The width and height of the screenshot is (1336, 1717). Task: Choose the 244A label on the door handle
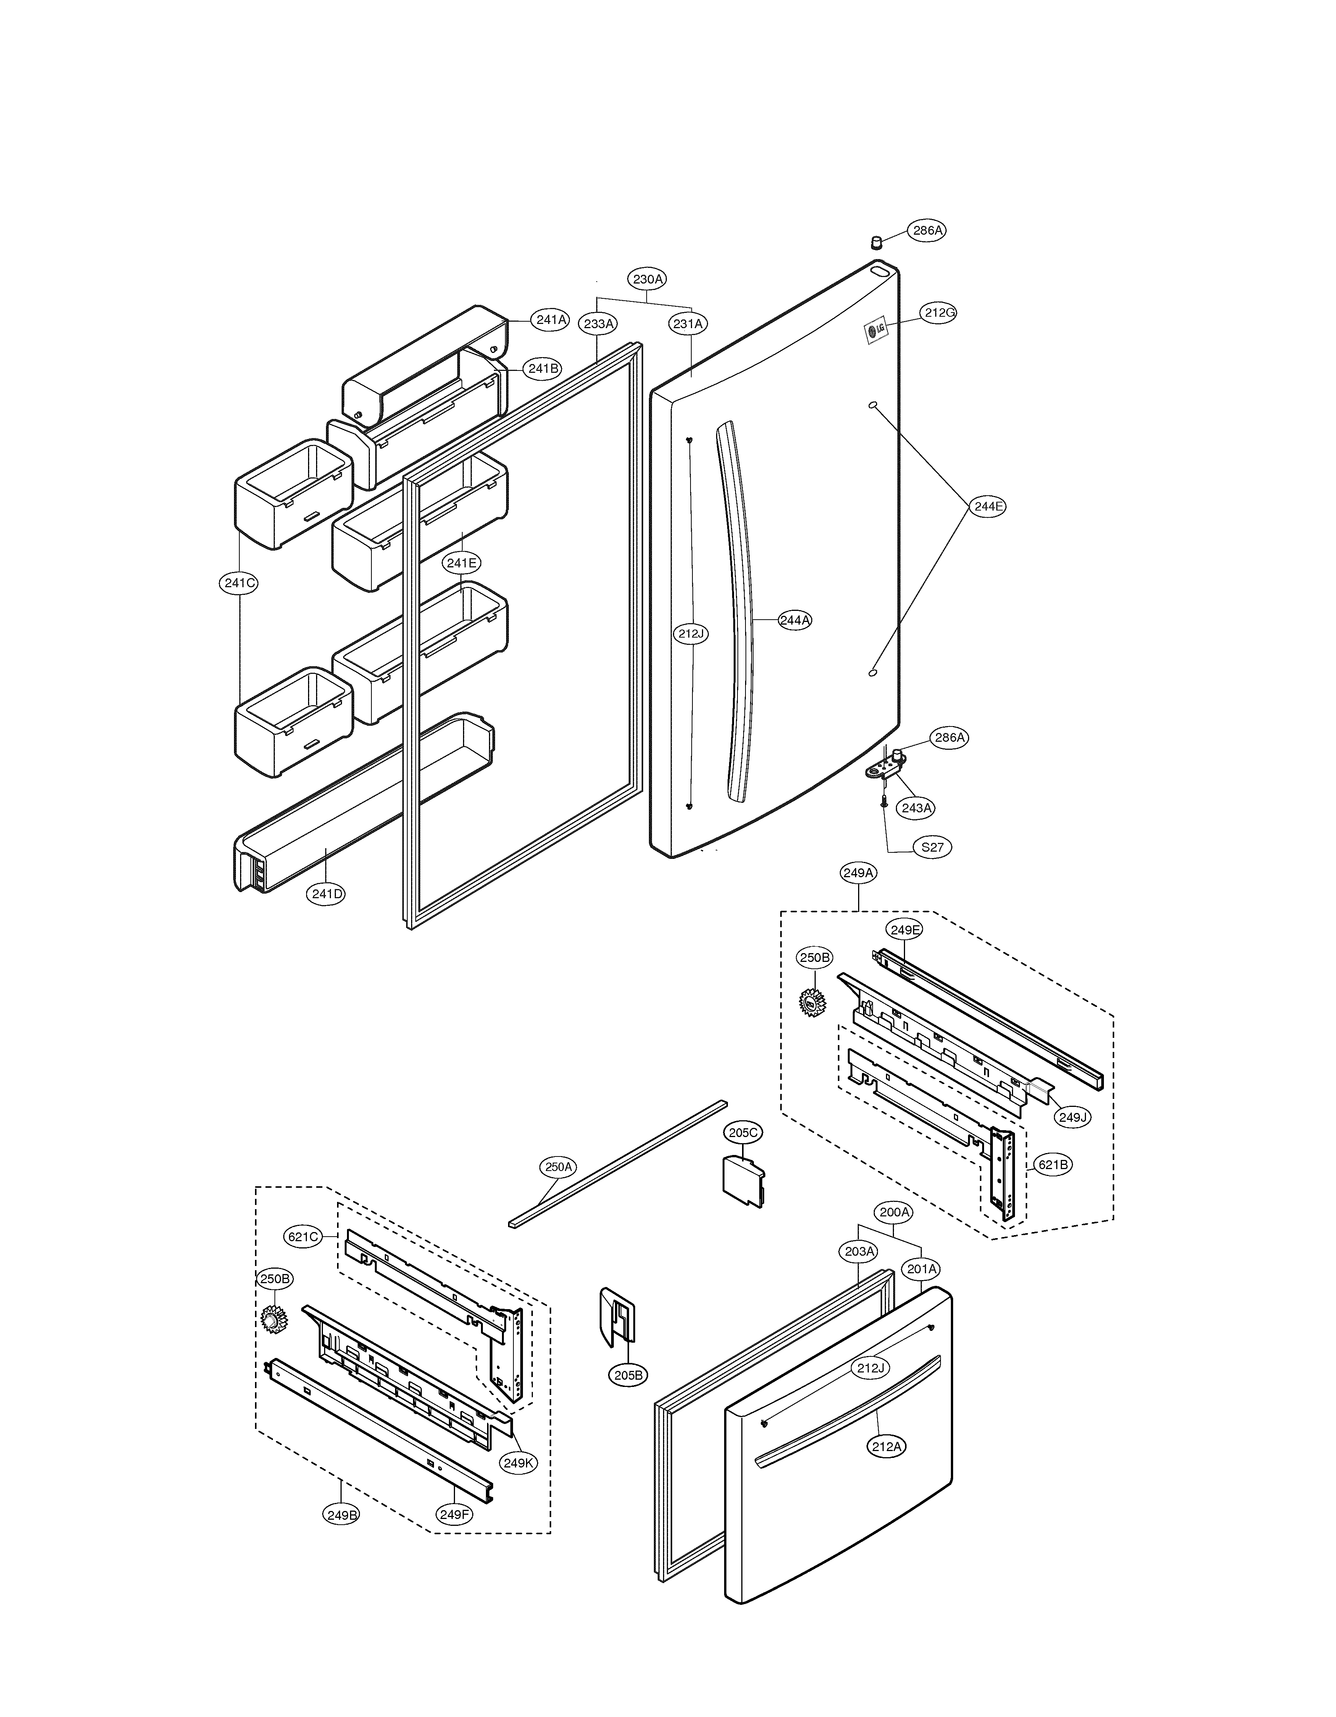[795, 620]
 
